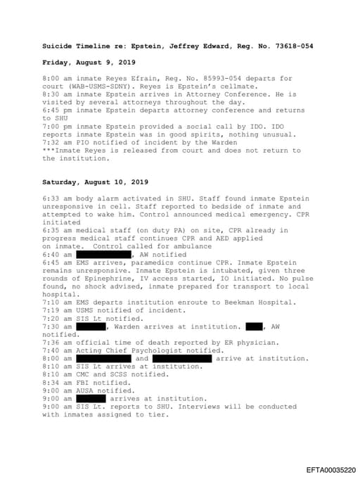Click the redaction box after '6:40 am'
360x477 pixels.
(103, 254)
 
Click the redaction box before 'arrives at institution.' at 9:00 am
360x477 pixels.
(91, 398)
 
